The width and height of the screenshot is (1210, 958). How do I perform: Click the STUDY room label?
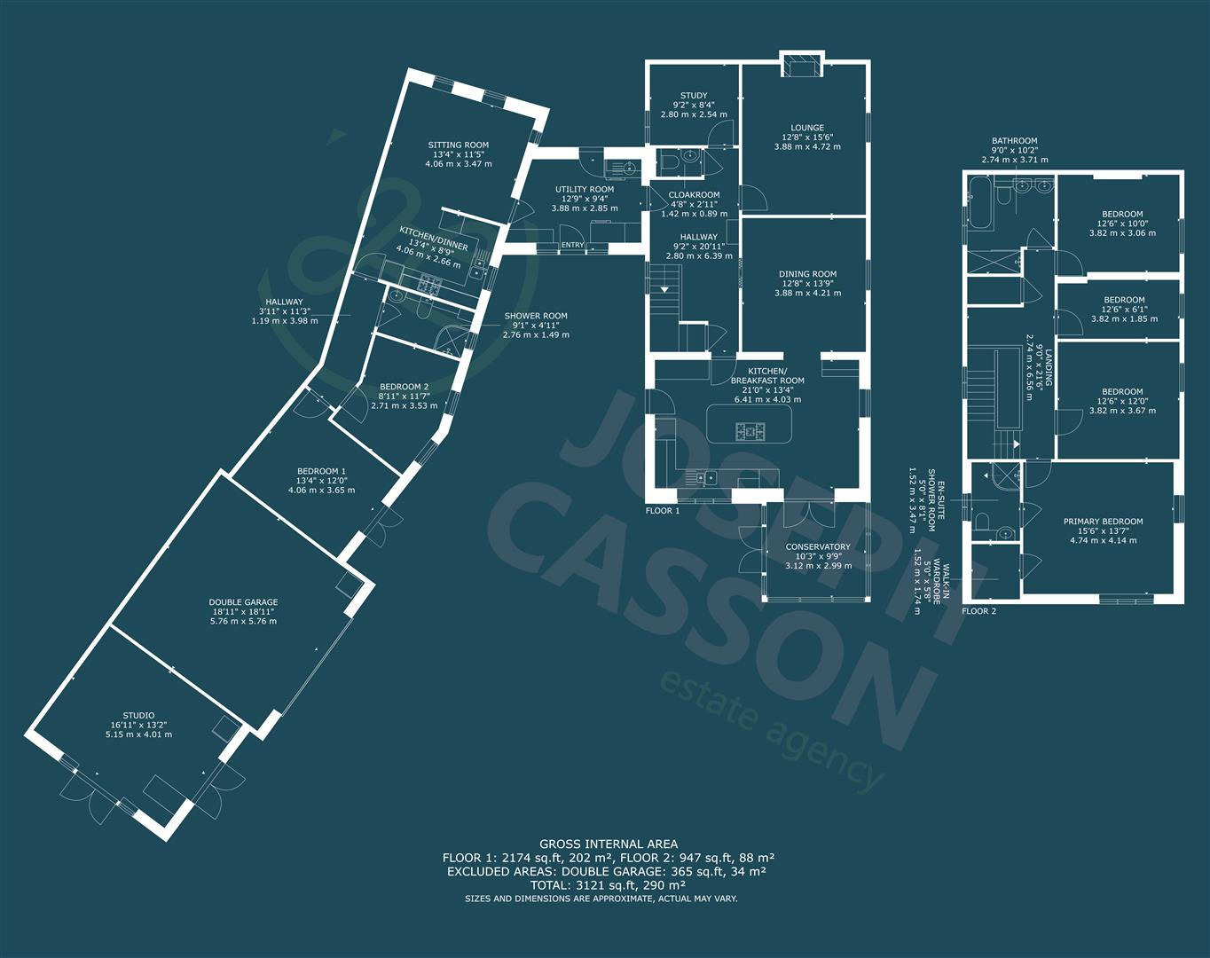[x=694, y=96]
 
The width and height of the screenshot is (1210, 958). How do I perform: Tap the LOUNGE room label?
[x=807, y=128]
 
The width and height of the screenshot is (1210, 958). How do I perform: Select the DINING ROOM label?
[x=807, y=275]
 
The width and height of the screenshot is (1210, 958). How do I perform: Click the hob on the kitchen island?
[x=750, y=432]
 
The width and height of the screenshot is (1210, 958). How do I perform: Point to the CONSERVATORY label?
[x=818, y=547]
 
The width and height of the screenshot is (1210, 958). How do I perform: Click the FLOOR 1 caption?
[x=663, y=511]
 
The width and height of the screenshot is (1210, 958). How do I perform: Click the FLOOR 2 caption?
[x=979, y=611]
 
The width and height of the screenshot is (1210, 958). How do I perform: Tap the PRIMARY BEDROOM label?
[x=1104, y=522]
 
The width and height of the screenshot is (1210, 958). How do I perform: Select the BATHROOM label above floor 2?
[x=1014, y=141]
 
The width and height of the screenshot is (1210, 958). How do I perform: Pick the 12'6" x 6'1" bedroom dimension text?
[x=1124, y=310]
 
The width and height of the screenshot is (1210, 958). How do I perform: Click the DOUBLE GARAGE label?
[x=243, y=602]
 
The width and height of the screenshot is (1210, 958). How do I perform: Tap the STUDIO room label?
[x=138, y=716]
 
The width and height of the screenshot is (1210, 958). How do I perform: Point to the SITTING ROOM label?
[x=458, y=145]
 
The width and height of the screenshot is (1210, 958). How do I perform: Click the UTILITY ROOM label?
[x=585, y=190]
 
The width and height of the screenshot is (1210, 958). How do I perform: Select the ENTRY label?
[x=573, y=246]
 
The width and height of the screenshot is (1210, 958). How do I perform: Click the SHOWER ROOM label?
[x=536, y=316]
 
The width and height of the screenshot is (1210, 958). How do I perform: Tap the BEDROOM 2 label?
[x=404, y=387]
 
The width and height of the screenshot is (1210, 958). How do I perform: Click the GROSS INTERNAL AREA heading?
[x=609, y=844]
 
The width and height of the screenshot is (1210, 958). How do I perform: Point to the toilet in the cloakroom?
[x=672, y=163]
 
